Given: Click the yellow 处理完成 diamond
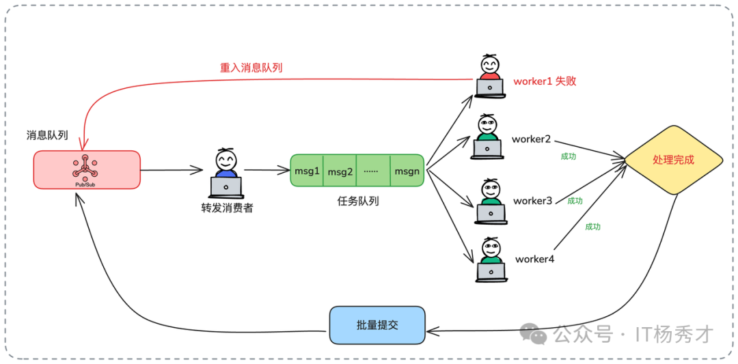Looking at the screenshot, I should pyautogui.click(x=673, y=160).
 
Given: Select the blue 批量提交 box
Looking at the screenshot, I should pyautogui.click(x=377, y=325).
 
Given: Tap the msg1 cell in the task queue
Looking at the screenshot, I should pyautogui.click(x=307, y=171).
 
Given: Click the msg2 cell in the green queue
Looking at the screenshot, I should pyautogui.click(x=340, y=171).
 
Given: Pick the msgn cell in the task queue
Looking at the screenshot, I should pyautogui.click(x=407, y=171).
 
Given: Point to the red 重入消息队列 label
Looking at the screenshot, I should pyautogui.click(x=251, y=68).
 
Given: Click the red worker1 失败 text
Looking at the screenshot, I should pyautogui.click(x=545, y=81).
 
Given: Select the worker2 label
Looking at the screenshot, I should pyautogui.click(x=531, y=139).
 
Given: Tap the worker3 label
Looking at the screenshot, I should pyautogui.click(x=532, y=201).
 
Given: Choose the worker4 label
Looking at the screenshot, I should pyautogui.click(x=534, y=259).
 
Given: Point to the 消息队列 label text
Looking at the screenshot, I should pyautogui.click(x=47, y=135).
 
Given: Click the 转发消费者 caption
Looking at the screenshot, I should pyautogui.click(x=227, y=208).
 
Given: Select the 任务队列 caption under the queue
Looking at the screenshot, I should pyautogui.click(x=358, y=201).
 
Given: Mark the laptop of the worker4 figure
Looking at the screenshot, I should pyautogui.click(x=491, y=271).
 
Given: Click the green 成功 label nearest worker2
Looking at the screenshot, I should pyautogui.click(x=569, y=156).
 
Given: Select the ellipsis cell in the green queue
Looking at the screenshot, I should pyautogui.click(x=372, y=171).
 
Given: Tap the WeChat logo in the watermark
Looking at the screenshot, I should pyautogui.click(x=533, y=333).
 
